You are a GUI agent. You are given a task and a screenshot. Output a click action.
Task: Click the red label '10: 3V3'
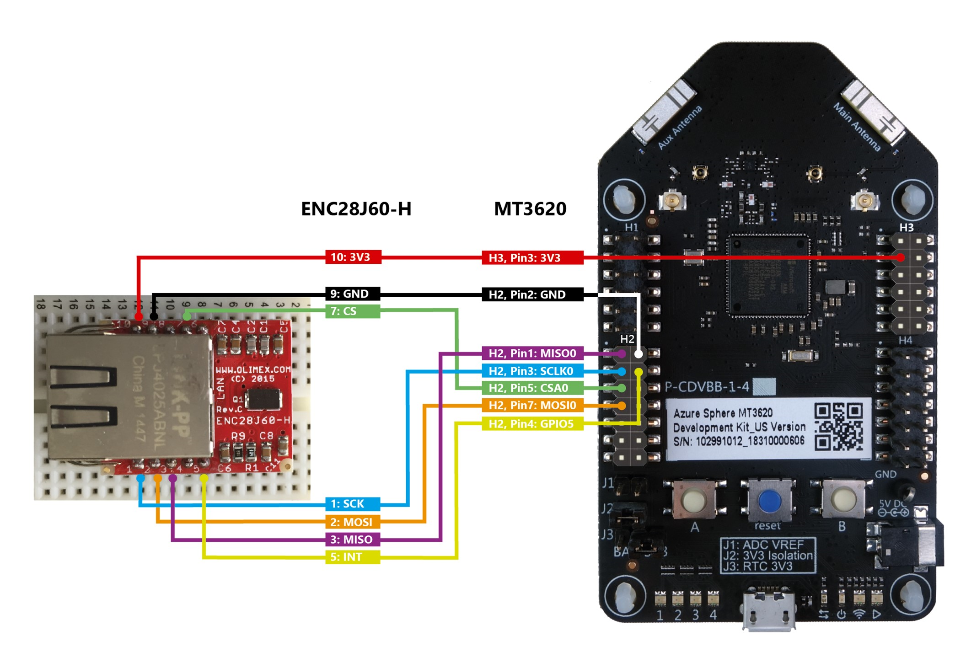tap(353, 257)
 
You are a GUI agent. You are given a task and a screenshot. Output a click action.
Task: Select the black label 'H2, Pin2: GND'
tap(532, 294)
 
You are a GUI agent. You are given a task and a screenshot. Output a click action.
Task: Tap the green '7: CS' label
tap(352, 311)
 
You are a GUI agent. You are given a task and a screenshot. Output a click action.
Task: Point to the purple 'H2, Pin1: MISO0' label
tap(532, 353)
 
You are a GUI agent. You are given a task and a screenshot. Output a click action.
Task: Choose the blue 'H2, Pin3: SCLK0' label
tap(532, 371)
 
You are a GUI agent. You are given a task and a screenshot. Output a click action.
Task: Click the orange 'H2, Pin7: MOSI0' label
tap(532, 406)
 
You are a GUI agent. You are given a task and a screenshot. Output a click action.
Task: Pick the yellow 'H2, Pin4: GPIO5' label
tap(532, 424)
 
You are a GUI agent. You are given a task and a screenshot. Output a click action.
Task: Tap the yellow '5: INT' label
tap(352, 557)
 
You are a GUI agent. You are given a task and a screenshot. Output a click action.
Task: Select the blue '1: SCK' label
tap(352, 504)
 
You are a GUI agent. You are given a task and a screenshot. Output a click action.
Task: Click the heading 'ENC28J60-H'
tap(356, 209)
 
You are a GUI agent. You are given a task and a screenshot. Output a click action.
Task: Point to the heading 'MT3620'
tap(530, 209)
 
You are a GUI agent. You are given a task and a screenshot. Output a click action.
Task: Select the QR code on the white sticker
tap(838, 426)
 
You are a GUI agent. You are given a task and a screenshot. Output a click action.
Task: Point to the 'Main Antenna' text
tap(857, 127)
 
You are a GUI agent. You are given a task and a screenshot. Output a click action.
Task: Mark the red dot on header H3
tap(901, 258)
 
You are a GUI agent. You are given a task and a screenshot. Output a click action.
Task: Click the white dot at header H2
tap(639, 354)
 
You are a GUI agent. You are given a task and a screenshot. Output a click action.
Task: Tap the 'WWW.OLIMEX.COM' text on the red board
tap(253, 369)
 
